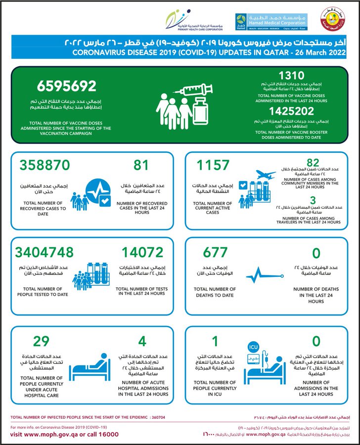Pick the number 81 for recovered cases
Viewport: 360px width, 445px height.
point(141,165)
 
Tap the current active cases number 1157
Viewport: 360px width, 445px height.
point(213,165)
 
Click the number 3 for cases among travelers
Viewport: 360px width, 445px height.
point(314,199)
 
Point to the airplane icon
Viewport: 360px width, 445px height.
point(267,174)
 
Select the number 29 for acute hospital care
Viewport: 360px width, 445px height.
point(42,341)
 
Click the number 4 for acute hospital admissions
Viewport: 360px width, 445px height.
point(143,341)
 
